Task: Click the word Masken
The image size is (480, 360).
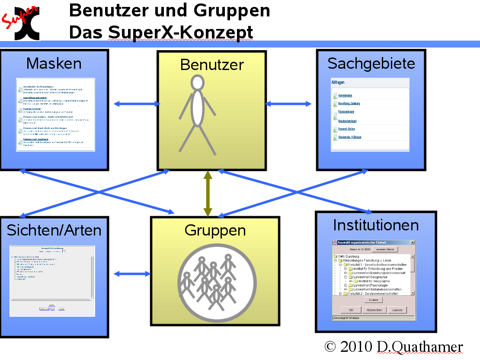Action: (54, 64)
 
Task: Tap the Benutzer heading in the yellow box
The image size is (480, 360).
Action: (212, 65)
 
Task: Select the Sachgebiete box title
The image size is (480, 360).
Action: (371, 64)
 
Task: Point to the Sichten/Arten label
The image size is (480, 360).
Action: (54, 230)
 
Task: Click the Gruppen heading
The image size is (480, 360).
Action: (215, 230)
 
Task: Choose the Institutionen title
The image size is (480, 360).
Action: (376, 225)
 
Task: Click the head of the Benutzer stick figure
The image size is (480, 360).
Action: (198, 82)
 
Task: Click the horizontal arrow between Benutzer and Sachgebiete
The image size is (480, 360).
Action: (288, 104)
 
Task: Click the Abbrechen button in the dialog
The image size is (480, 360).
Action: (374, 310)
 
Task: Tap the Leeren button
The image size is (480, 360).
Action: (397, 310)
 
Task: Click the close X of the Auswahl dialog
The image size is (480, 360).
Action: (412, 242)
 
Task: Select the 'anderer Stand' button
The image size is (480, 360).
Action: (384, 250)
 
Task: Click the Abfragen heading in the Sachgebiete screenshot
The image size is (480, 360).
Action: (338, 82)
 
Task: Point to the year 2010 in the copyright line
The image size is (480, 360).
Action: (356, 347)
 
